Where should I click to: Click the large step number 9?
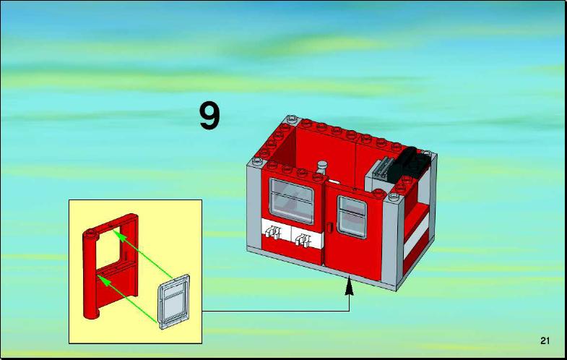click(209, 116)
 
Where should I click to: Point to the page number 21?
click(545, 340)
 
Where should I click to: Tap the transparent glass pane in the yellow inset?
click(174, 301)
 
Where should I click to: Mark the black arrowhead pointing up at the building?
click(349, 286)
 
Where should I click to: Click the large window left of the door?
click(292, 201)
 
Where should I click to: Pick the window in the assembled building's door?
click(352, 216)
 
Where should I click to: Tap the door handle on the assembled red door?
click(329, 228)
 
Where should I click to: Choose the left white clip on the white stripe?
click(272, 231)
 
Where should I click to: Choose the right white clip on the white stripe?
click(303, 240)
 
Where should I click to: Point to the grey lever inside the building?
click(321, 169)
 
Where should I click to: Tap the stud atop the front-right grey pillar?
click(394, 197)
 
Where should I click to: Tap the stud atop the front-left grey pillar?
click(257, 161)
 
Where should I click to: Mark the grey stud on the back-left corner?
click(292, 119)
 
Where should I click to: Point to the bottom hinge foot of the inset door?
click(92, 314)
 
